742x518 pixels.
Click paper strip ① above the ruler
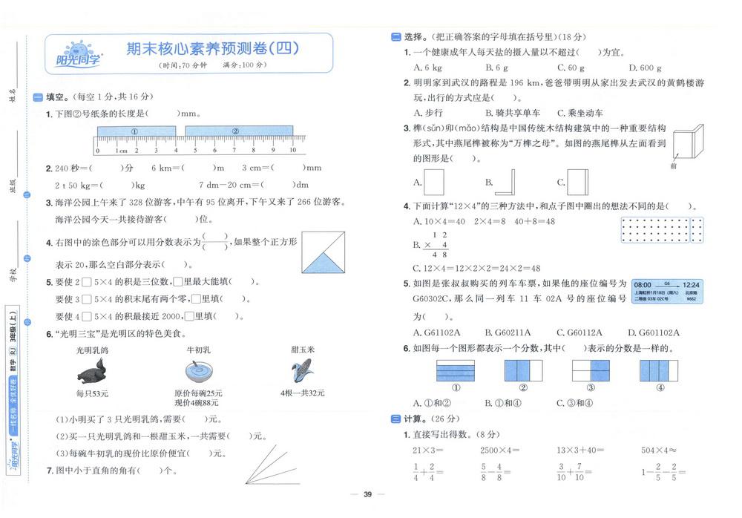[135, 131]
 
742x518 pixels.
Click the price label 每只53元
[92, 393]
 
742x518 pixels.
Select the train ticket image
[667, 291]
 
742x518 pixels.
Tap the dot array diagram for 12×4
[659, 230]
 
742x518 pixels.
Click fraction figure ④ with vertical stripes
[659, 370]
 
